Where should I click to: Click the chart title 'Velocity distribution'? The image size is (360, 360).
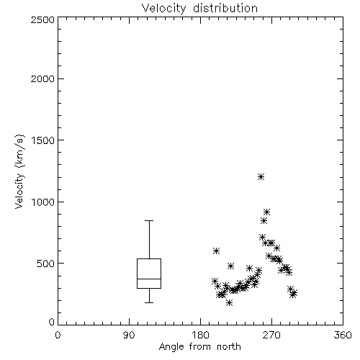tap(199, 9)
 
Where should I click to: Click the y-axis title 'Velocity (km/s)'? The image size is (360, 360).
tap(19, 171)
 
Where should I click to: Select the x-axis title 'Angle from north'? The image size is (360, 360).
tap(199, 347)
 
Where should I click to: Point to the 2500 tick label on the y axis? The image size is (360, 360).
tap(42, 19)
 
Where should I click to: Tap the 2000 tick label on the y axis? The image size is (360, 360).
tap(42, 79)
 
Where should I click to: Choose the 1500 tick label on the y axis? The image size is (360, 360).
tap(43, 140)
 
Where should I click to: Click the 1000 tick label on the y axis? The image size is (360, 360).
tap(43, 202)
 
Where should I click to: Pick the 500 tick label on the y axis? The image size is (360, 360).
tap(46, 264)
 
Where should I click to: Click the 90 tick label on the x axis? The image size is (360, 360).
tap(129, 335)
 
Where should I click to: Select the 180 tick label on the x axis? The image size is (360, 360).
tap(200, 335)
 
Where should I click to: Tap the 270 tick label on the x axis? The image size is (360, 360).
tap(271, 335)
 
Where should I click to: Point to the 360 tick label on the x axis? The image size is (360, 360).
tap(343, 335)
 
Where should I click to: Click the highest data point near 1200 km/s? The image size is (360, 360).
tap(261, 177)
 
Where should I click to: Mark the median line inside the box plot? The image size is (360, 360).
tap(149, 279)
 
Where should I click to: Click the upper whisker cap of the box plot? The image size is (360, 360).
tap(149, 220)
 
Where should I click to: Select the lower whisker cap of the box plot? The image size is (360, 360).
tap(149, 302)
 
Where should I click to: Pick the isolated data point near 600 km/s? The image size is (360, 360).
tap(216, 251)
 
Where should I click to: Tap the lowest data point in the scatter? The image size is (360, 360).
tap(229, 303)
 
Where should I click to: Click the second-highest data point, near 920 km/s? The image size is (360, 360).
tap(266, 212)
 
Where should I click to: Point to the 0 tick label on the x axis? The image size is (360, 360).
tap(58, 335)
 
